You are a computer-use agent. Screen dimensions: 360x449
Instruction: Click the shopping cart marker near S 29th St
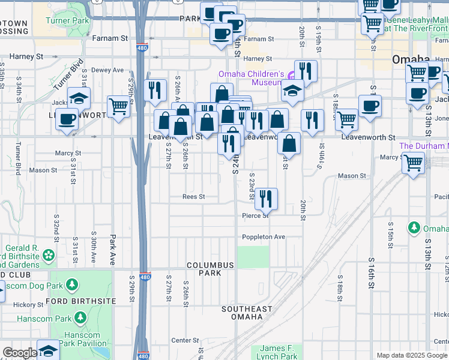click(x=119, y=107)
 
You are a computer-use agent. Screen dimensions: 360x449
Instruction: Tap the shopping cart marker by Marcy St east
click(x=413, y=162)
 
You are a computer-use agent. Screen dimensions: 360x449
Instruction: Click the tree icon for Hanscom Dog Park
click(x=71, y=283)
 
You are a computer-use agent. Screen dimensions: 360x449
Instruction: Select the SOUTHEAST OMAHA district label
click(x=246, y=313)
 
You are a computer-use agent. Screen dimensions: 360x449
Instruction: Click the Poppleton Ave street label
click(x=263, y=237)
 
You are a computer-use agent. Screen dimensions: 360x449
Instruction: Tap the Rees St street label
click(x=194, y=197)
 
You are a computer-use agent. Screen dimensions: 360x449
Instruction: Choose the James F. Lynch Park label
click(x=279, y=352)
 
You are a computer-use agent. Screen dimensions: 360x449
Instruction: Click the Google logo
click(x=19, y=353)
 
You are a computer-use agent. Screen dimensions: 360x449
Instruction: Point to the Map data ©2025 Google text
click(x=412, y=355)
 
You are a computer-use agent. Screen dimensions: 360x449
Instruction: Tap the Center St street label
click(x=181, y=340)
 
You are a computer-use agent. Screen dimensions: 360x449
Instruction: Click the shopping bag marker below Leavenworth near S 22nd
click(x=289, y=143)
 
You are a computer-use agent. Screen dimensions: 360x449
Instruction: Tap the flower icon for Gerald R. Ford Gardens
click(x=48, y=256)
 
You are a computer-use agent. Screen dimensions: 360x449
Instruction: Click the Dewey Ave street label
click(x=107, y=70)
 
